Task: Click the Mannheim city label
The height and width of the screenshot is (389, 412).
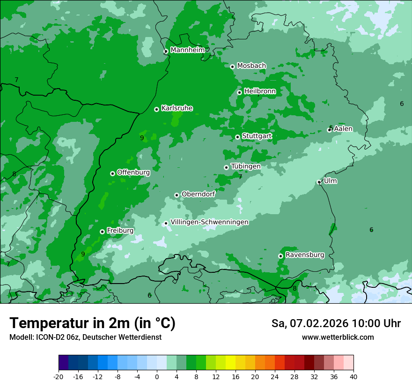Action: pos(188,50)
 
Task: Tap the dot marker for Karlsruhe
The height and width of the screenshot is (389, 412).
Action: pos(156,109)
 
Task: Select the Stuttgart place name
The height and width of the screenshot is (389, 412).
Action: pos(257,136)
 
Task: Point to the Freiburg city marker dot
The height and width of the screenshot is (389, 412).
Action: pos(102,232)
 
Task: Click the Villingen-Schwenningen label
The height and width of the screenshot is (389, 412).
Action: pos(209,222)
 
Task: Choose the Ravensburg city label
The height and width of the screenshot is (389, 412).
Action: pos(305,255)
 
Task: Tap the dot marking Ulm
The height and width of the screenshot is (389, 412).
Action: pos(319,182)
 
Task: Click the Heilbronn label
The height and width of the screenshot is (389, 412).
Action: pos(260,91)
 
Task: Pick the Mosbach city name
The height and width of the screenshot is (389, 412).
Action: pos(251,66)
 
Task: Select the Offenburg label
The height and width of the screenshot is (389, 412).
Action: pos(133,172)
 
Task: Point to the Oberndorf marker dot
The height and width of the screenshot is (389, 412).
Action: pos(177,195)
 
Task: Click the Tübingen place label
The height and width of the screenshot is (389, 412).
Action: pos(246,166)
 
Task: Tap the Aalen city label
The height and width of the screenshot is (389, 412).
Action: pos(343,128)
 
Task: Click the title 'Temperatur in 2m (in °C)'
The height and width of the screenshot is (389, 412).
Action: pos(93,323)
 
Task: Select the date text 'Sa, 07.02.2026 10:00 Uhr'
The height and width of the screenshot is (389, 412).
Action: pos(336,323)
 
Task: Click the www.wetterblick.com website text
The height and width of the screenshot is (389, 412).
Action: pos(338,337)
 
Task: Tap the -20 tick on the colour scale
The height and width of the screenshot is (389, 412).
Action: pos(59,376)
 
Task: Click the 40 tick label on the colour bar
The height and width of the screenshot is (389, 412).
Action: pos(353,376)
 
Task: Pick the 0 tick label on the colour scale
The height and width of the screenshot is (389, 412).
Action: pos(157,376)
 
